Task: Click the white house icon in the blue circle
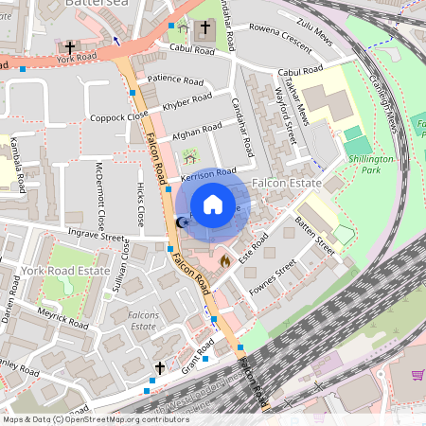pyautogui.click(x=213, y=204)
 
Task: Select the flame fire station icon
pyautogui.click(x=224, y=257)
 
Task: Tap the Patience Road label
pyautogui.click(x=175, y=80)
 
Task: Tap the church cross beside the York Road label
pyautogui.click(x=70, y=45)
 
